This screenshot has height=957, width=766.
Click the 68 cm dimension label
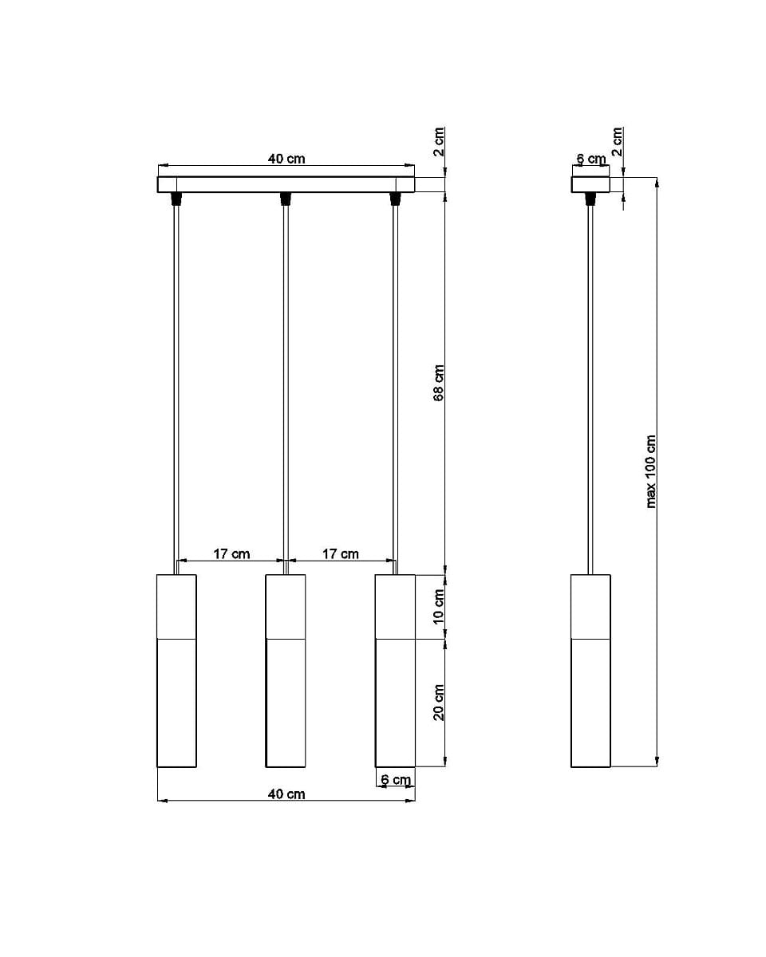pos(438,383)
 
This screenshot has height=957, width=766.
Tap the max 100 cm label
pos(651,471)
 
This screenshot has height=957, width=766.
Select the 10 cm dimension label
pos(438,606)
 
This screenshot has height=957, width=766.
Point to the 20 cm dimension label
pos(438,702)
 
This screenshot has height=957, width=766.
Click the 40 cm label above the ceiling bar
pos(286,159)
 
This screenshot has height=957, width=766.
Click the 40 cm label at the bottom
pos(286,794)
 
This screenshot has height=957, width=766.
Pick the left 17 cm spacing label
pos(231,554)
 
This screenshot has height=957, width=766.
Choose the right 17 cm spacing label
pos(341,554)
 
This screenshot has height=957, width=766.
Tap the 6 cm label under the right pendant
pos(396,780)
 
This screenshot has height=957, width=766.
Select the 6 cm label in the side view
pos(591,159)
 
